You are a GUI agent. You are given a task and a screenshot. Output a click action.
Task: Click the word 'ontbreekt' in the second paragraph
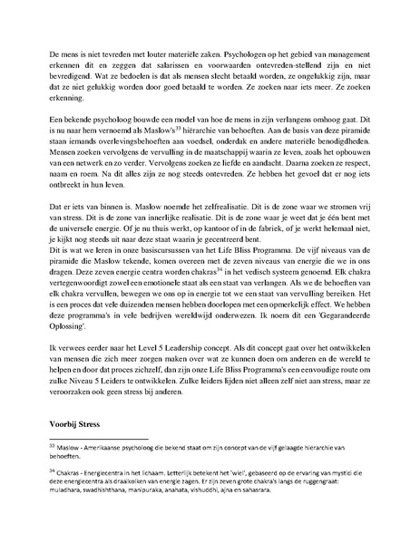(69, 220)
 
